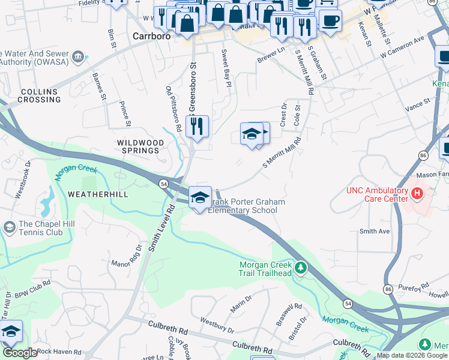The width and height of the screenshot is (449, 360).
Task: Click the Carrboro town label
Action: [x=151, y=36]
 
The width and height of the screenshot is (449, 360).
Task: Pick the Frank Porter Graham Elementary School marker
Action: [x=200, y=197]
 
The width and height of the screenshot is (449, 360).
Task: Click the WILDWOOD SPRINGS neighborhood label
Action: [x=140, y=146]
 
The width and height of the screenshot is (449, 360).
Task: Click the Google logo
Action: [x=20, y=353]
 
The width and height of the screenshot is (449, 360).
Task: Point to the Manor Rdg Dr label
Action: [x=126, y=259]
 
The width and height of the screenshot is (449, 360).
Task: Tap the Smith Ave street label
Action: [x=374, y=231]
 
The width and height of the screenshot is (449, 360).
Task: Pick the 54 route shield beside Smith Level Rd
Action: [x=163, y=183]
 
